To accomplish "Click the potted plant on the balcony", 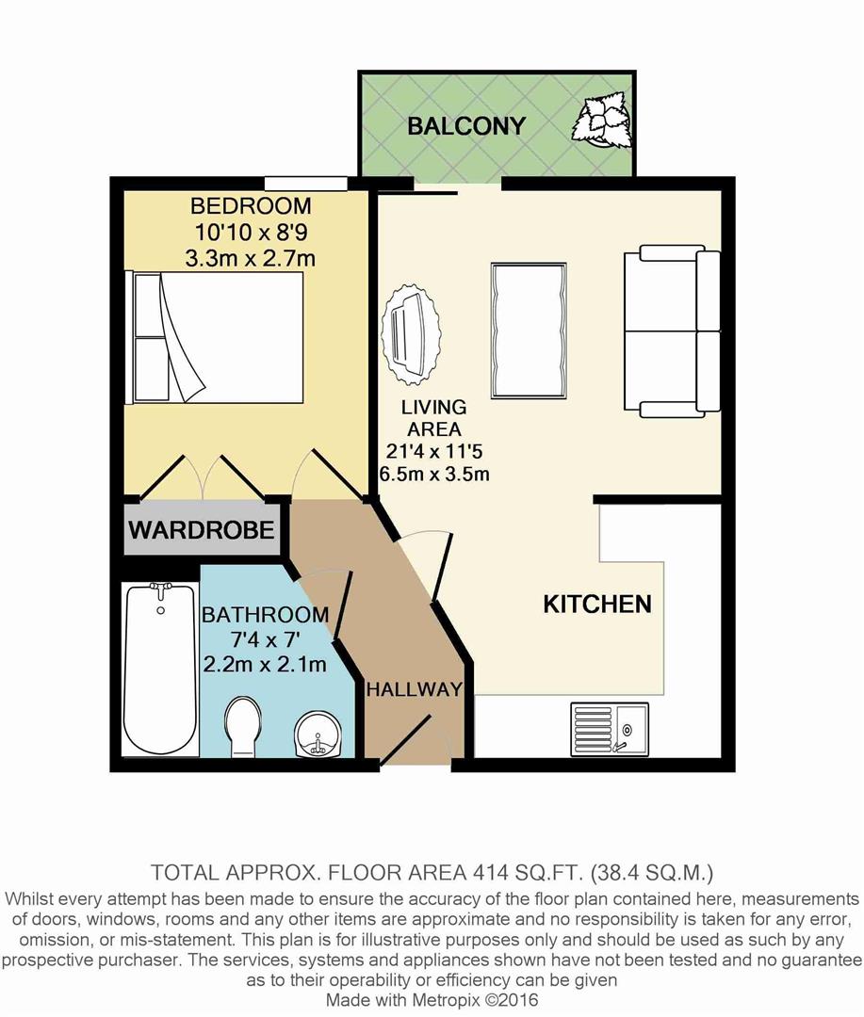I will pyautogui.click(x=603, y=121).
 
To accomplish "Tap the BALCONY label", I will pyautogui.click(x=466, y=126).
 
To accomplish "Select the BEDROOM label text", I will pyautogui.click(x=251, y=205).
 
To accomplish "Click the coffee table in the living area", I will pyautogui.click(x=529, y=330).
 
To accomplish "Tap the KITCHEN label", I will pyautogui.click(x=597, y=605).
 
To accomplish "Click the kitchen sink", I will pyautogui.click(x=609, y=729).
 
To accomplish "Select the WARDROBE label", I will pyautogui.click(x=202, y=529).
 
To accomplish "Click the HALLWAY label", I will pyautogui.click(x=415, y=689).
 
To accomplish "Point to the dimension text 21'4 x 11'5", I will pyautogui.click(x=433, y=450).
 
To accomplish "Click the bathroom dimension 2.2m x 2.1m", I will pyautogui.click(x=265, y=665).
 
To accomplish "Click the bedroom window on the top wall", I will pyautogui.click(x=303, y=183).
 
